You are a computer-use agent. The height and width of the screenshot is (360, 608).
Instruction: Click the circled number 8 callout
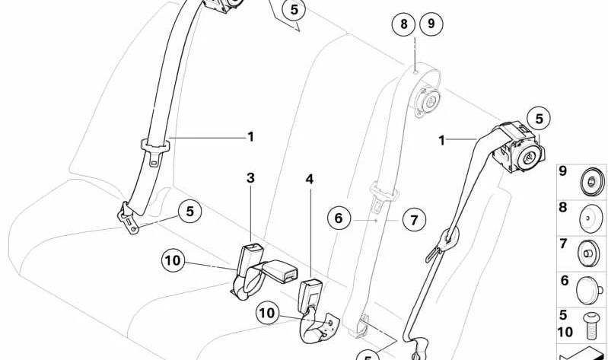coord(405,24)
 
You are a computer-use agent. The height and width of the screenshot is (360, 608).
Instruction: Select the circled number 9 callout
coord(431,24)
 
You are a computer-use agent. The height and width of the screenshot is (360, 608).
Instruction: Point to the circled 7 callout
coord(414,221)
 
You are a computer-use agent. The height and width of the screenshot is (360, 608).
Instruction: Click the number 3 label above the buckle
coord(250,178)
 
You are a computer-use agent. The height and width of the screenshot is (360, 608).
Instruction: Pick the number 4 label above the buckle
coord(309,180)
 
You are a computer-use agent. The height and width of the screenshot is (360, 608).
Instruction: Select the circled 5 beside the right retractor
coord(539,119)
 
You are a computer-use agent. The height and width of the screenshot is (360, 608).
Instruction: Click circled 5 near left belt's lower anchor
coord(189,211)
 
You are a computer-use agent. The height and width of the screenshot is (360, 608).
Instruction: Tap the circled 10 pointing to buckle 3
coord(173,261)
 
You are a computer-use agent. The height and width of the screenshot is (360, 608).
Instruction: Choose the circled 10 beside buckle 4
coord(267,312)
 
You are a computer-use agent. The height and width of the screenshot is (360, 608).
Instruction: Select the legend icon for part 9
coord(590,182)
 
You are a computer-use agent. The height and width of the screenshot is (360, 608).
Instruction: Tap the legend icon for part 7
coord(590,251)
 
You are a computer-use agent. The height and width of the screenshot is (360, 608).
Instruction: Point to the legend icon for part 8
coord(590,217)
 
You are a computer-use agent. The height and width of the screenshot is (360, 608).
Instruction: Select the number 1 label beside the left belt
coord(250,137)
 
